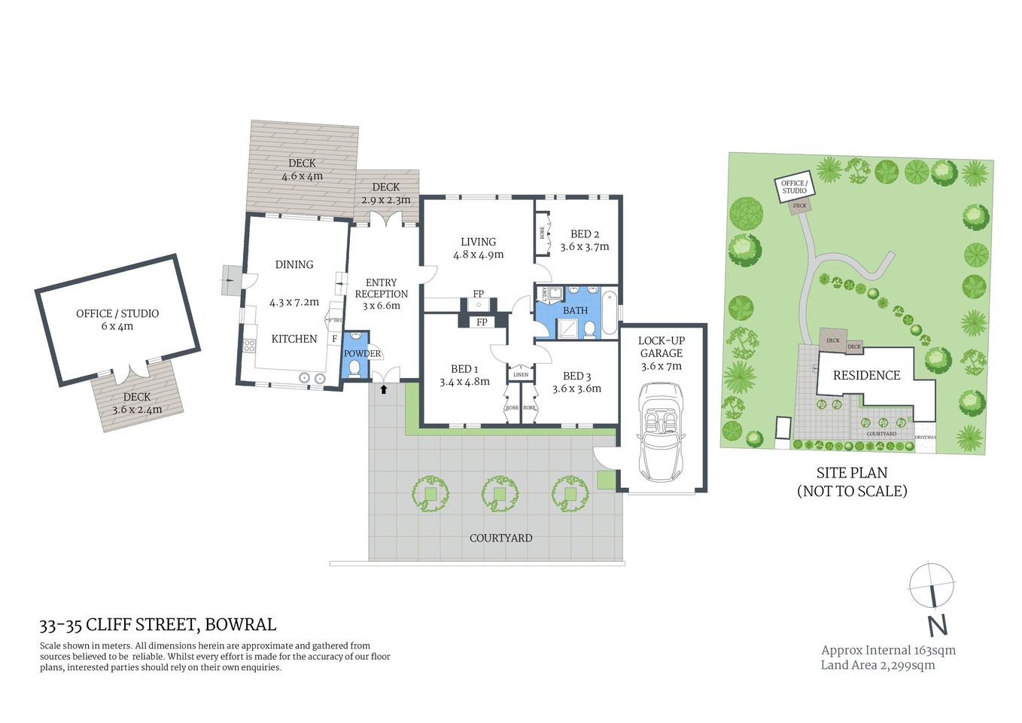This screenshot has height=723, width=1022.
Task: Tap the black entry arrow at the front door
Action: click(385, 389)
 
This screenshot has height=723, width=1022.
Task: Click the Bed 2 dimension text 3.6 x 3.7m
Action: click(584, 247)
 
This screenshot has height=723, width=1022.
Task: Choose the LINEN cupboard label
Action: click(521, 374)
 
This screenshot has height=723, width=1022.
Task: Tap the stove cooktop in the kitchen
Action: click(248, 346)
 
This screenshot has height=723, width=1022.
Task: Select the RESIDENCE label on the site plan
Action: click(866, 375)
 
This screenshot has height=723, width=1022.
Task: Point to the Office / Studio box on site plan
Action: click(794, 187)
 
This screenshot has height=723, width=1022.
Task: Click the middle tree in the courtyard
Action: click(499, 494)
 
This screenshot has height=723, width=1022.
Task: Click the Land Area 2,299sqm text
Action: click(878, 665)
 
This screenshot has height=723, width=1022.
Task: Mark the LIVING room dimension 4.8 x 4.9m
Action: click(478, 255)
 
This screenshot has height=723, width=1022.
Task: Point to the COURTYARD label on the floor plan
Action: click(500, 538)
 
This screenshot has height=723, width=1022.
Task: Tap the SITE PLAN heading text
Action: click(852, 473)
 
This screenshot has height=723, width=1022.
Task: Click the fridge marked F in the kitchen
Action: click(334, 339)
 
